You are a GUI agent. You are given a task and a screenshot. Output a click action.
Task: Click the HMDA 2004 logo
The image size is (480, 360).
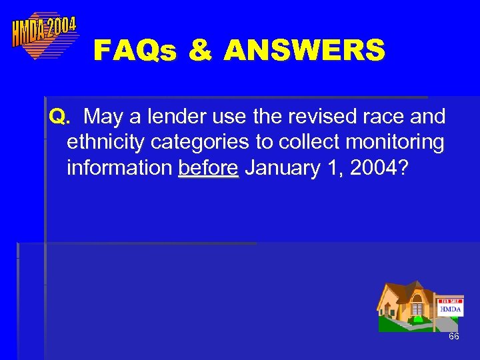coord(44,34)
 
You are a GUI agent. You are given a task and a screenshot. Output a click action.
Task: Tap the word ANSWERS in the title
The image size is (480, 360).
coord(305,51)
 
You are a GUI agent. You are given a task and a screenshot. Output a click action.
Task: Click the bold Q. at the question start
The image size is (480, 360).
coord(59,117)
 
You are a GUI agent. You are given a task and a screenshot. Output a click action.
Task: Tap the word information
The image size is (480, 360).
coord(119,168)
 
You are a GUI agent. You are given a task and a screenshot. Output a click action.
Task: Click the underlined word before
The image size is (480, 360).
coord(208,168)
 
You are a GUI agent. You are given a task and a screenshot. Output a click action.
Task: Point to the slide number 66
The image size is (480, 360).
coord(453,337)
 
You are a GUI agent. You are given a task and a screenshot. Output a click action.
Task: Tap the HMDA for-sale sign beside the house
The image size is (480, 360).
coord(450,307)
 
